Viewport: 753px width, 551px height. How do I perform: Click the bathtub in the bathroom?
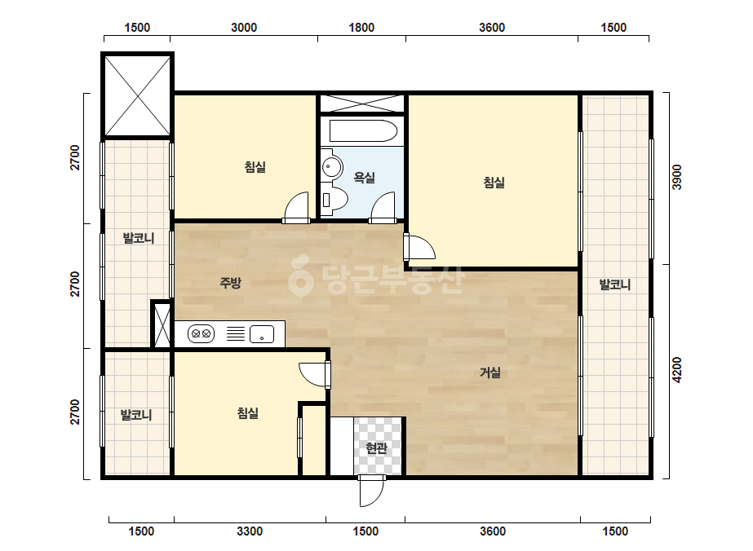point(364,130)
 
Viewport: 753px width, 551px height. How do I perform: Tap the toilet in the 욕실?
point(334,199)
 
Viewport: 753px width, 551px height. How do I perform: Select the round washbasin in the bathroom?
point(331,167)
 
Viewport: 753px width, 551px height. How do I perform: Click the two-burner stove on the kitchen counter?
point(201,333)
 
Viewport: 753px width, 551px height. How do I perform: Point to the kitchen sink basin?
point(262,334)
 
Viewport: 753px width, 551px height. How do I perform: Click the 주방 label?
point(230,283)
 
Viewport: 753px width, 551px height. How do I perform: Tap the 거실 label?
point(490,372)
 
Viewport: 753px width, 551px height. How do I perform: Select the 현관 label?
point(377,448)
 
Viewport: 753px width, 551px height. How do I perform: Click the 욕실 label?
point(365,178)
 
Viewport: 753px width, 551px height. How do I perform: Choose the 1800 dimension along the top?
point(361,28)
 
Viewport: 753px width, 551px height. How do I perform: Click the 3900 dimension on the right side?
point(676,177)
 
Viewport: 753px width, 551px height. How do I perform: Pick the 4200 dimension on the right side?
point(676,369)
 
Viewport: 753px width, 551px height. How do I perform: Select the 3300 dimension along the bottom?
point(250,531)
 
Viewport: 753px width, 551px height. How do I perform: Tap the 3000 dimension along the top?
point(244,28)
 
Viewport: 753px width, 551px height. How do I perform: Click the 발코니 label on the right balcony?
point(615,284)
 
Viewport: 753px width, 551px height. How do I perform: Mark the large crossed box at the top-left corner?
point(138,96)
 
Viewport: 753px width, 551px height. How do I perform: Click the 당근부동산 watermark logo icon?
point(300,276)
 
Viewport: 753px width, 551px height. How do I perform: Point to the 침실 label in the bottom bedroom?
point(248,412)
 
